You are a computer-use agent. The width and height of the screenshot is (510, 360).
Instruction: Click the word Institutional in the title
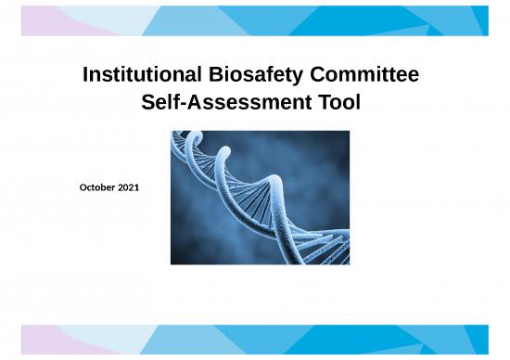[x=137, y=73]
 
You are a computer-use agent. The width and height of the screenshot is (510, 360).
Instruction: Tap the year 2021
[x=129, y=188]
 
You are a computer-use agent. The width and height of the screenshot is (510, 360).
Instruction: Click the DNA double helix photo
[x=261, y=198]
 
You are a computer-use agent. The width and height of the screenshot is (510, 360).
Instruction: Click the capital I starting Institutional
[x=85, y=73]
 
